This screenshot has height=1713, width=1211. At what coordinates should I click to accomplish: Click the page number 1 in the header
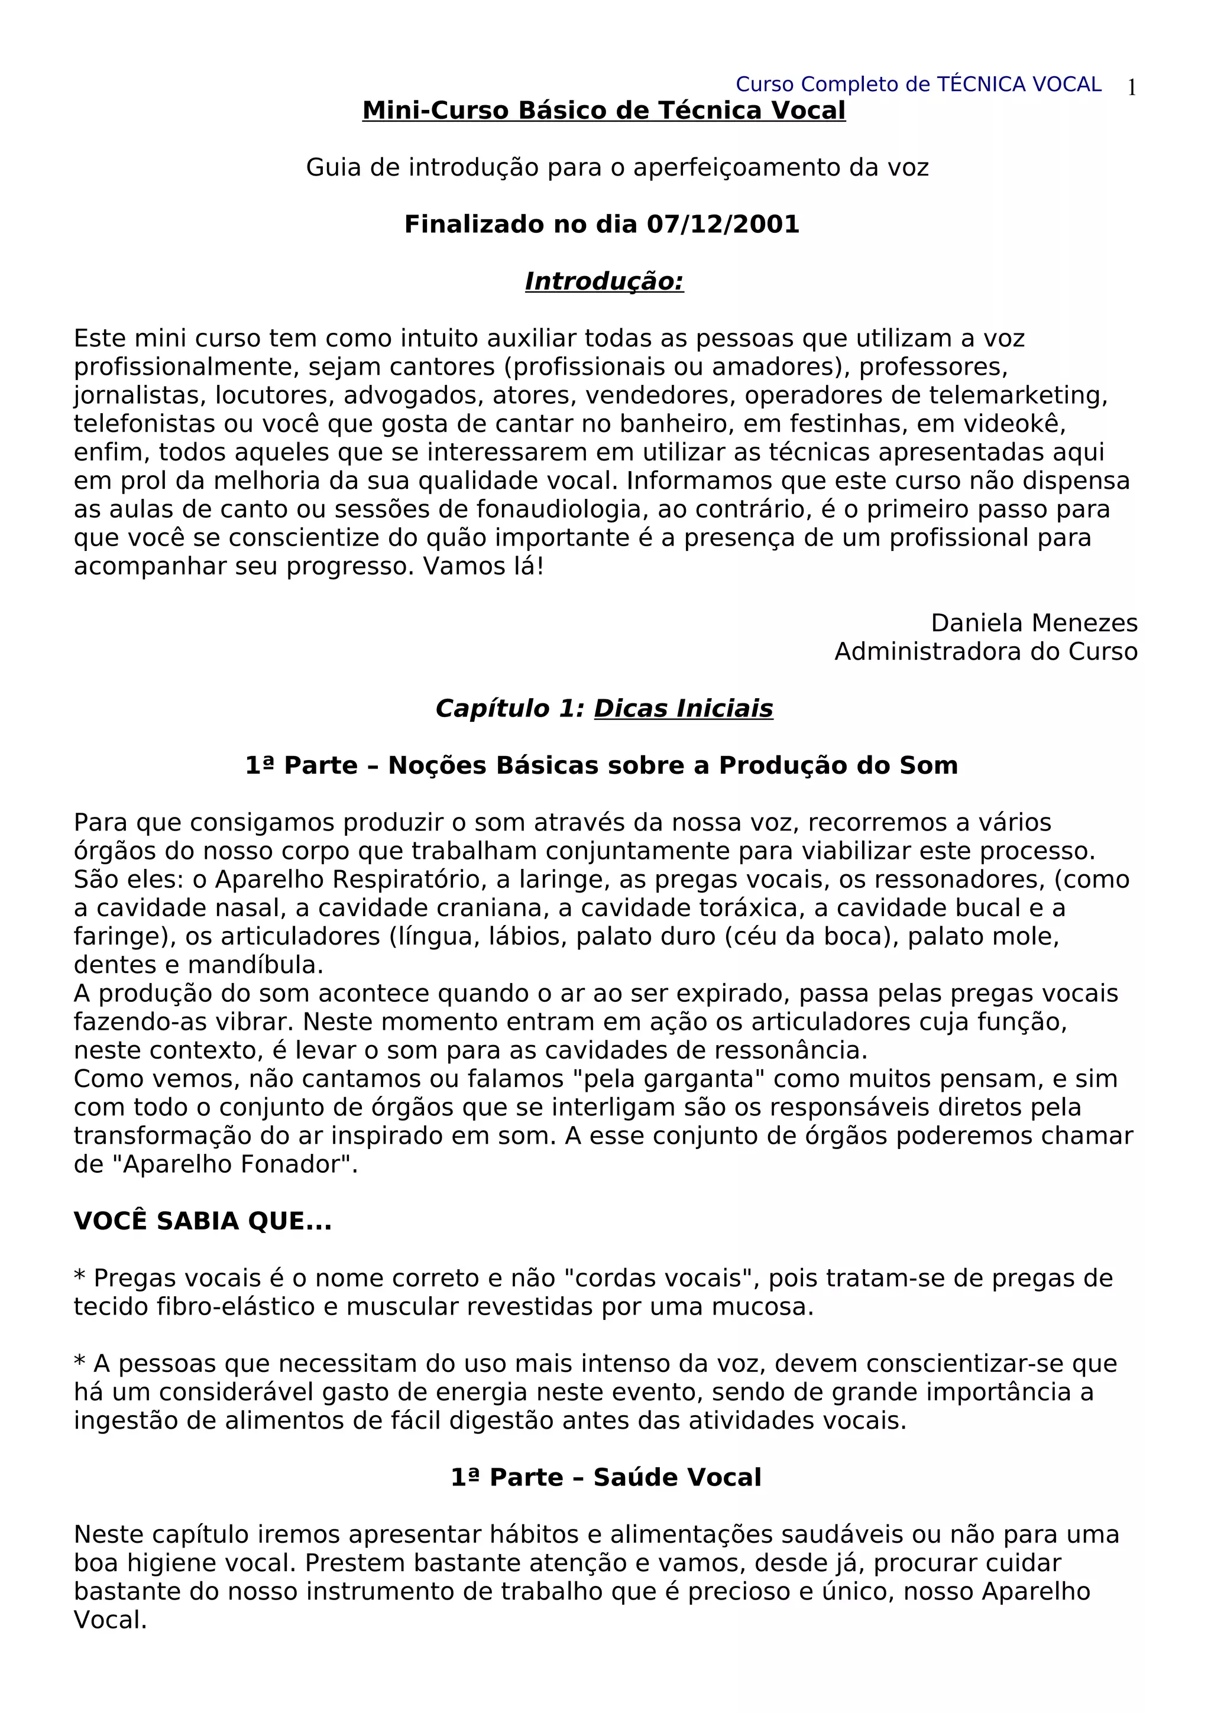click(1131, 88)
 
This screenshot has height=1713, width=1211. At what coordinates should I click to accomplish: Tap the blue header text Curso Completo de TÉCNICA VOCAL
click(918, 85)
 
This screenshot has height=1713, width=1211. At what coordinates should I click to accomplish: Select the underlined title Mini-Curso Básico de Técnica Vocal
click(604, 111)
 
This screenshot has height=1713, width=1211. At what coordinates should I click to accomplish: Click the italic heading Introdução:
click(604, 281)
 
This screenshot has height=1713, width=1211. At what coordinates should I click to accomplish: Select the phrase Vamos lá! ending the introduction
click(484, 566)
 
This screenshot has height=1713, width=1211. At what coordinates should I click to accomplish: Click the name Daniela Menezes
click(1034, 623)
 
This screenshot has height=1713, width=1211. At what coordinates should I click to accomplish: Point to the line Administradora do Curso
click(986, 651)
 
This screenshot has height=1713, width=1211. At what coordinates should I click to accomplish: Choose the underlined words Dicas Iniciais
click(684, 708)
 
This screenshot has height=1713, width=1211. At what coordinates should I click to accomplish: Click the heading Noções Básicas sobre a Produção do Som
click(672, 765)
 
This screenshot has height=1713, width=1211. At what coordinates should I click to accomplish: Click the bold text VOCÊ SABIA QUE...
click(202, 1221)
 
